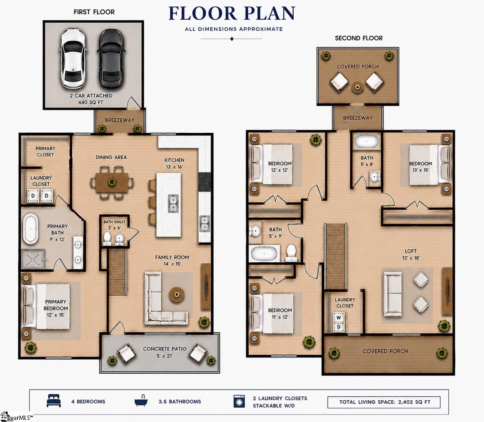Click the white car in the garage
point(73,58)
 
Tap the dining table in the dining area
point(112,182)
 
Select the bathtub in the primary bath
point(30,229)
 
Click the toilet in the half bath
point(107,239)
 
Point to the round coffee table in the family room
point(177,294)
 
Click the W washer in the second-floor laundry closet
point(338,318)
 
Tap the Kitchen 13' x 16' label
point(174,164)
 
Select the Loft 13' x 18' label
point(411,254)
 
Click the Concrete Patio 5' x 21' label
point(165,352)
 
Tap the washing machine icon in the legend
point(239,401)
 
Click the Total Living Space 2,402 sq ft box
point(384,402)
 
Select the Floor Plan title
point(232,13)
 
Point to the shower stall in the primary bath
point(33,259)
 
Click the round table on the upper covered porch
point(358,88)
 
